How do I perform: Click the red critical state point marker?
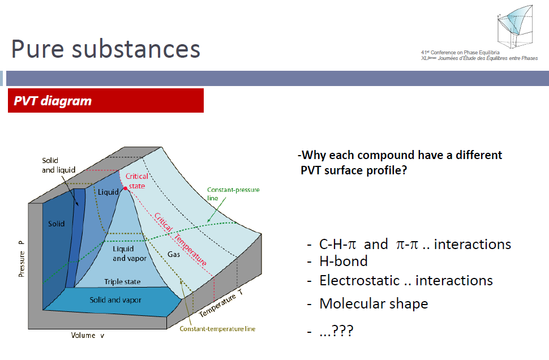(x=125, y=188)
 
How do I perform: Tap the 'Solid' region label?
(x=57, y=224)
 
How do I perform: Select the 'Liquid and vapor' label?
(x=130, y=254)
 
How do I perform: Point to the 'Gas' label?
(x=174, y=254)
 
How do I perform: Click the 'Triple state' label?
(x=123, y=281)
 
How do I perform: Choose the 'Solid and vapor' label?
(x=115, y=300)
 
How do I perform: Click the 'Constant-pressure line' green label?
(x=233, y=194)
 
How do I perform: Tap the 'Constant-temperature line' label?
(x=217, y=329)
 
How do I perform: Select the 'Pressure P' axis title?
(x=22, y=259)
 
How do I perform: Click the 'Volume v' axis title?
(x=88, y=336)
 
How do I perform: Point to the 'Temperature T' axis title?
(x=221, y=303)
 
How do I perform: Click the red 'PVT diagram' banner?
(x=106, y=101)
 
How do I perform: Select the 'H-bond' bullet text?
(x=344, y=262)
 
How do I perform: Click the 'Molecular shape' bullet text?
(x=374, y=303)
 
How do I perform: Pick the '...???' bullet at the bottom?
(x=336, y=331)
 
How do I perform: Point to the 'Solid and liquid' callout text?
(x=58, y=165)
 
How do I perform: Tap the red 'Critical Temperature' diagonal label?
(x=181, y=239)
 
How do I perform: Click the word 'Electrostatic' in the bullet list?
(x=359, y=281)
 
